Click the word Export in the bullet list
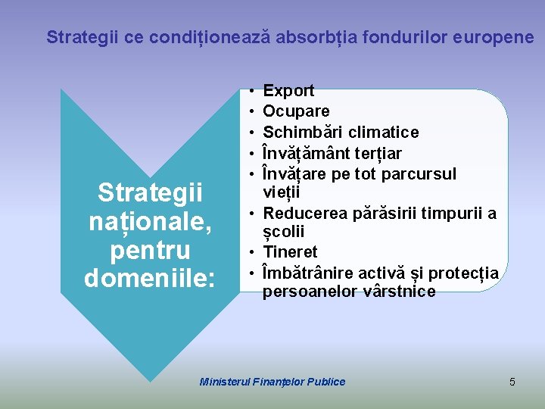[288, 91]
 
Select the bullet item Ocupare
[296, 111]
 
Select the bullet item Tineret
[290, 251]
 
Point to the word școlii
[281, 233]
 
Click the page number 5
[512, 382]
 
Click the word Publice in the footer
[326, 382]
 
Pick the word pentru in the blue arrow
[150, 250]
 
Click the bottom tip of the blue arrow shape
[149, 380]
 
